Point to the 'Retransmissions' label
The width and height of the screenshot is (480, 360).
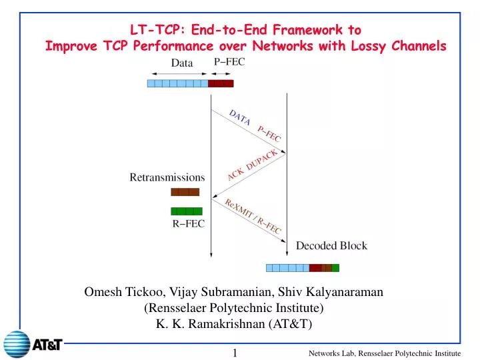click(x=167, y=177)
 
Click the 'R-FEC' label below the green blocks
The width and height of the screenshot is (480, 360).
click(x=185, y=224)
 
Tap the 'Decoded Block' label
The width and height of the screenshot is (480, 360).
click(x=331, y=245)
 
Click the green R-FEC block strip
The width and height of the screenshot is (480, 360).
click(x=186, y=211)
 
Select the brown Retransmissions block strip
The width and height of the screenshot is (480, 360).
click(x=185, y=192)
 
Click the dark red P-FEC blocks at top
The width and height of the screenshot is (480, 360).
click(x=221, y=83)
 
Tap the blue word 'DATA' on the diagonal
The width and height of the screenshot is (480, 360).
click(x=239, y=118)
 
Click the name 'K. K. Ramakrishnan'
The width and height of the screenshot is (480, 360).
click(x=200, y=324)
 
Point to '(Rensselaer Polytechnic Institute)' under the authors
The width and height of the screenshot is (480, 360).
click(x=233, y=308)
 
